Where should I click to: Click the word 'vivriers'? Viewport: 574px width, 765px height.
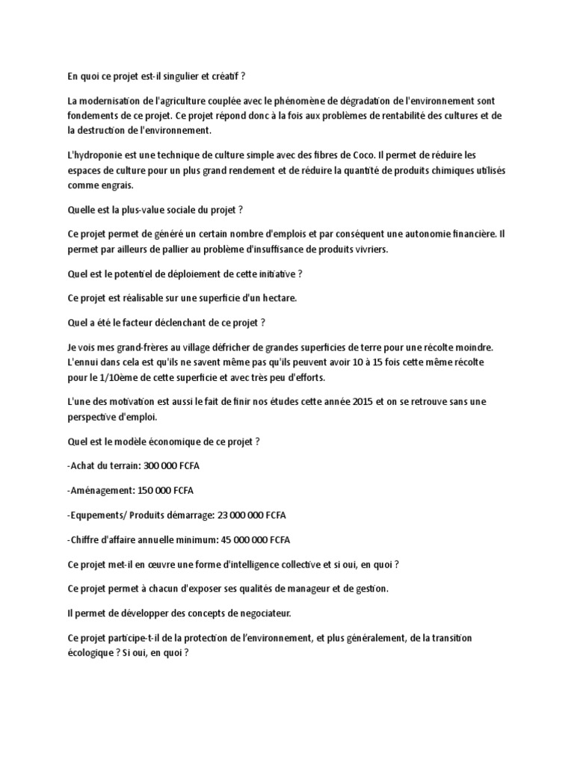[x=368, y=249]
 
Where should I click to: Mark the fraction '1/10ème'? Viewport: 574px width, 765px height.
[x=111, y=377]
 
